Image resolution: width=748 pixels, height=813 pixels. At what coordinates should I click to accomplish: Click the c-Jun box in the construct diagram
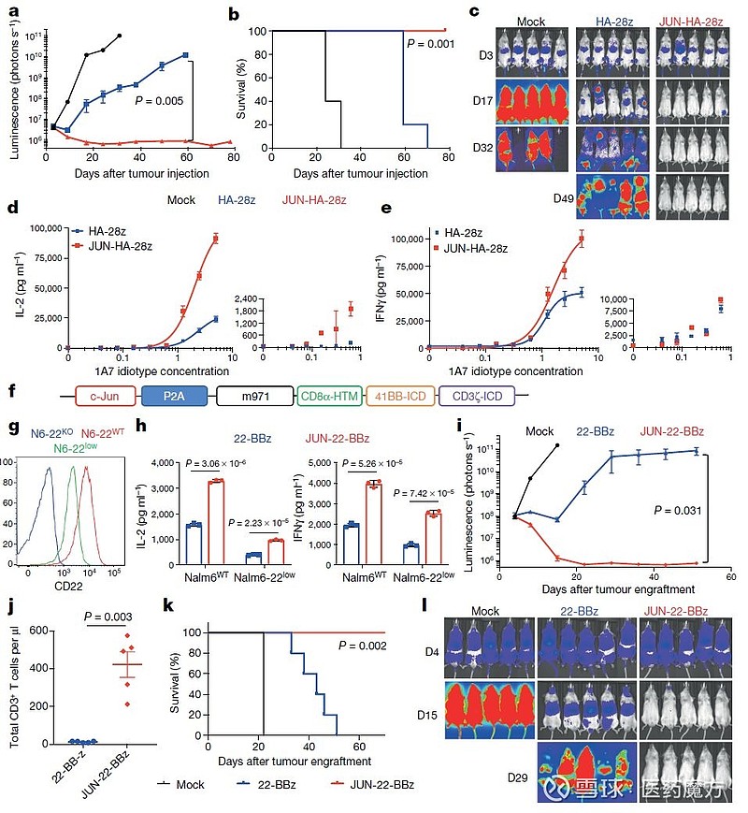(x=96, y=398)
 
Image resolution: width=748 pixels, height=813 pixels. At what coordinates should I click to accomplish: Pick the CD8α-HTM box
(x=333, y=398)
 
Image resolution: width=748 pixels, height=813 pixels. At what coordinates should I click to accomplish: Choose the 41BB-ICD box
(x=410, y=398)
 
